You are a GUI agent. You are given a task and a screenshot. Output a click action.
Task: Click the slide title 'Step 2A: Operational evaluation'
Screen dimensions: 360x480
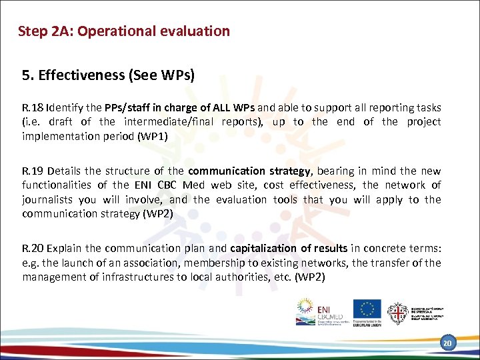point(124,31)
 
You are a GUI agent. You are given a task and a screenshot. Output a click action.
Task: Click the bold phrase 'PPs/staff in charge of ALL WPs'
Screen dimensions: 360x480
point(180,107)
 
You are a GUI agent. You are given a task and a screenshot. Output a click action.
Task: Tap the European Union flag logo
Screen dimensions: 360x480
point(366,309)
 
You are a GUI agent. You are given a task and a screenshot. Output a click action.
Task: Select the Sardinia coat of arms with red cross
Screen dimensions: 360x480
point(397,311)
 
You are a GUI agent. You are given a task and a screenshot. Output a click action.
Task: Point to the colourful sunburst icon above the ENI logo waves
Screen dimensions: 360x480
point(307,307)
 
